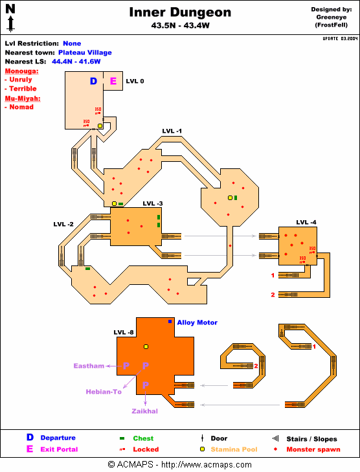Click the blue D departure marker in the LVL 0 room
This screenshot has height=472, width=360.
pos(94,81)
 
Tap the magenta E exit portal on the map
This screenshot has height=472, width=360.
pos(113,81)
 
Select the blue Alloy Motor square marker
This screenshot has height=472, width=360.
pos(170,322)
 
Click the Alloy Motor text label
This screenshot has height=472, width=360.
pos(197,322)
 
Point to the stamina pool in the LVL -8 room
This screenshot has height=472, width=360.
pos(146,347)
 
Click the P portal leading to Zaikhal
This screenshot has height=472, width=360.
pos(146,385)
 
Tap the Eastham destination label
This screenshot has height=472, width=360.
pos(89,366)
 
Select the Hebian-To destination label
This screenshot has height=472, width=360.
pos(104,392)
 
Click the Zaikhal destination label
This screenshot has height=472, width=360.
pos(145,411)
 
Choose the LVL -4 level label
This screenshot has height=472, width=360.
pos(306,222)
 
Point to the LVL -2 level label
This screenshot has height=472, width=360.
pos(63,224)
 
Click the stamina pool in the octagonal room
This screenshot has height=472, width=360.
pos(230,197)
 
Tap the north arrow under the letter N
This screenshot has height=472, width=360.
pos(11,23)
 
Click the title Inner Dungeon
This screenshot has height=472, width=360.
pos(180,12)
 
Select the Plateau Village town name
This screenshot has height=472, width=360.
pos(85,52)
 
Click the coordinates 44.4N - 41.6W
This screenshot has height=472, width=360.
pos(76,62)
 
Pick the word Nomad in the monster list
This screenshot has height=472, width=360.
pos(21,107)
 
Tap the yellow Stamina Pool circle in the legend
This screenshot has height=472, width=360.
pos(202,449)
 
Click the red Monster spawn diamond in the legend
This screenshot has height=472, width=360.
pos(275,449)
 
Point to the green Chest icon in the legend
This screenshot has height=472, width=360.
pos(122,438)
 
